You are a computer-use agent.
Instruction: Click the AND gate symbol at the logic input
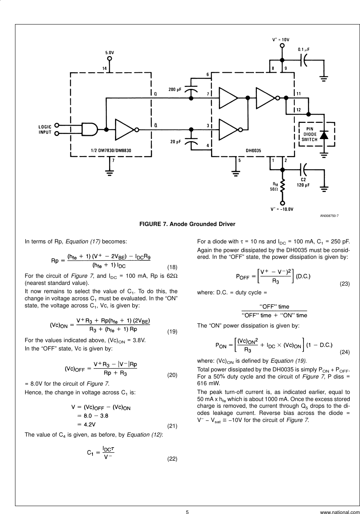[90, 129]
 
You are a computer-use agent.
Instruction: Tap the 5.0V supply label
[109, 52]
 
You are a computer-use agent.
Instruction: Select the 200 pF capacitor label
[175, 90]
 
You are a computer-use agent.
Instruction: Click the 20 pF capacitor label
[176, 141]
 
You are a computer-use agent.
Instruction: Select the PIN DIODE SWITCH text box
[309, 134]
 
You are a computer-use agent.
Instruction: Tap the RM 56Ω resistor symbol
[282, 186]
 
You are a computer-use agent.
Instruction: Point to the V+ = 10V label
[281, 40]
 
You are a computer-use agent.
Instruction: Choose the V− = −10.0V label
[282, 209]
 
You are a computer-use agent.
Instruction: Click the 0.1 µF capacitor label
[303, 49]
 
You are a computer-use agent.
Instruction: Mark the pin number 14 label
[104, 68]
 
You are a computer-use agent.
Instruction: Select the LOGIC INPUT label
[45, 130]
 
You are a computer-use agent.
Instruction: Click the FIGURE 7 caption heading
[187, 224]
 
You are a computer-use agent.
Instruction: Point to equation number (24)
[345, 351]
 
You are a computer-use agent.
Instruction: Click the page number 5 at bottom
[187, 512]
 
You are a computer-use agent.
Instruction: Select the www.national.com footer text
[340, 512]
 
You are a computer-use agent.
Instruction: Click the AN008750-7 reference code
[329, 215]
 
